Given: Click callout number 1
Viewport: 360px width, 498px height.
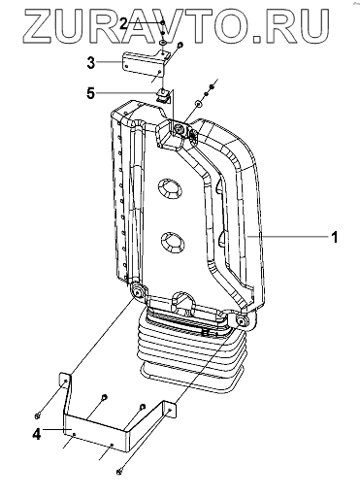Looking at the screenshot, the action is click(x=335, y=237).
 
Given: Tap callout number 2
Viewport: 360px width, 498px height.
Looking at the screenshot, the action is click(x=123, y=23).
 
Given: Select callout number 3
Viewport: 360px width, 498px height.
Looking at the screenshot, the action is click(x=91, y=62).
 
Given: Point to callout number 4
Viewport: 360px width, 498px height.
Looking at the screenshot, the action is click(x=37, y=434).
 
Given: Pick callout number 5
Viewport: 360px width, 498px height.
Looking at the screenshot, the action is click(x=91, y=93).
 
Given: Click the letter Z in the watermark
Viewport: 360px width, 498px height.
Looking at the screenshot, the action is click(x=38, y=26).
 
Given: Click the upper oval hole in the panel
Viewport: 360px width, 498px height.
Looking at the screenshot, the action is click(x=169, y=188).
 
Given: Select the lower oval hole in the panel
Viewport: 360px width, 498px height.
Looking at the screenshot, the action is click(x=172, y=243).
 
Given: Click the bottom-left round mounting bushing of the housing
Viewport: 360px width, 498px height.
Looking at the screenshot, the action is click(x=139, y=292).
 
